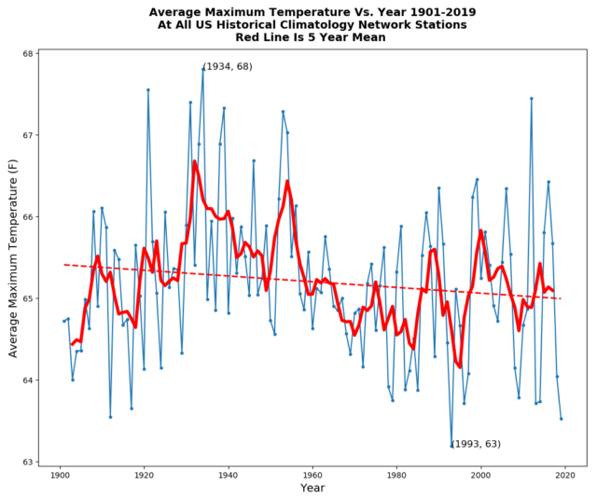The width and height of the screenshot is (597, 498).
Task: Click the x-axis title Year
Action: pyautogui.click(x=313, y=489)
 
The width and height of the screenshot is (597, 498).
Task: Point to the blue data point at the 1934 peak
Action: pyautogui.click(x=203, y=68)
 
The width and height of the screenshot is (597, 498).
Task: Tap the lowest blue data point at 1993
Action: pyautogui.click(x=451, y=447)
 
